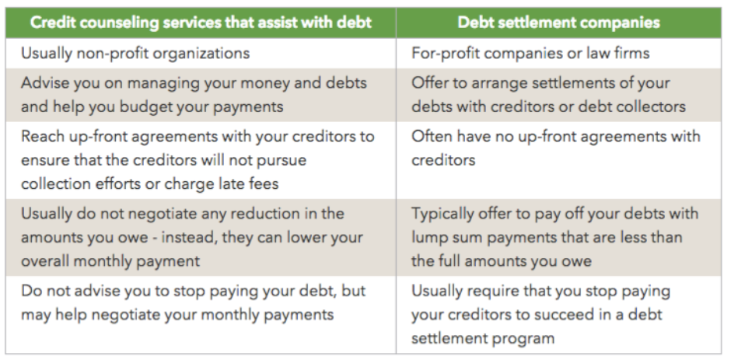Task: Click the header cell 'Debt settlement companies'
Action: [x=558, y=23]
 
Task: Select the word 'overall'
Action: [x=45, y=260]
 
